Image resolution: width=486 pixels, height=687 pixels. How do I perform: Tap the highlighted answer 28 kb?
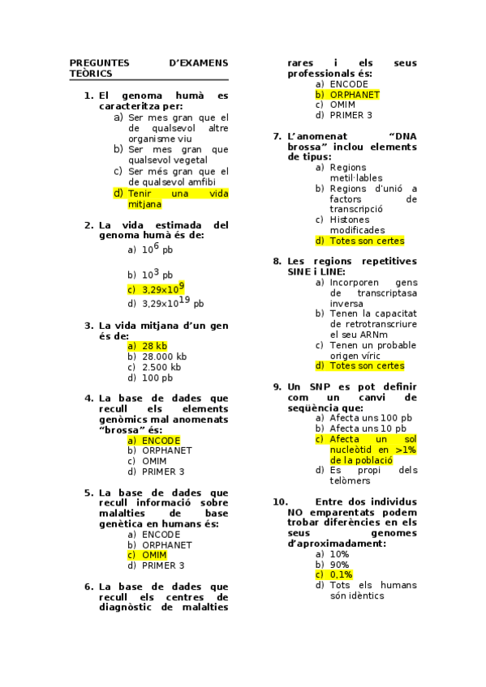[x=153, y=346]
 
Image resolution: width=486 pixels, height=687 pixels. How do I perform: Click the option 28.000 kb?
[x=164, y=356]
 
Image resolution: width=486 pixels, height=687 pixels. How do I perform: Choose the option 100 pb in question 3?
[x=157, y=378]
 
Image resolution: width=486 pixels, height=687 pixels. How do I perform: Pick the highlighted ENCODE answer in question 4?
[x=160, y=440]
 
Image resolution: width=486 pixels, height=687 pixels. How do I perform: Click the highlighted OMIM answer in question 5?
[x=153, y=555]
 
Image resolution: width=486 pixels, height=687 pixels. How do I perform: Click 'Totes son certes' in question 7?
[x=366, y=241]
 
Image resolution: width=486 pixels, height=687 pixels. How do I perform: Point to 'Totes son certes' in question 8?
[x=366, y=365]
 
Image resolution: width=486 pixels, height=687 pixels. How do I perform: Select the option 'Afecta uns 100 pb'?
[x=370, y=418]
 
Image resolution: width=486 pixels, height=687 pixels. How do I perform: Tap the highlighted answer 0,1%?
[x=341, y=574]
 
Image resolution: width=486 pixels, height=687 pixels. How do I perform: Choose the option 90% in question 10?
[x=339, y=564]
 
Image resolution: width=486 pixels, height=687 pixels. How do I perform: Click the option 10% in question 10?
[x=339, y=553]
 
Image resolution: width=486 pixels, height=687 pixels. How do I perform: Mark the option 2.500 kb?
[x=161, y=367]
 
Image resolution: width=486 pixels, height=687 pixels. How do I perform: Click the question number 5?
[x=88, y=493]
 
